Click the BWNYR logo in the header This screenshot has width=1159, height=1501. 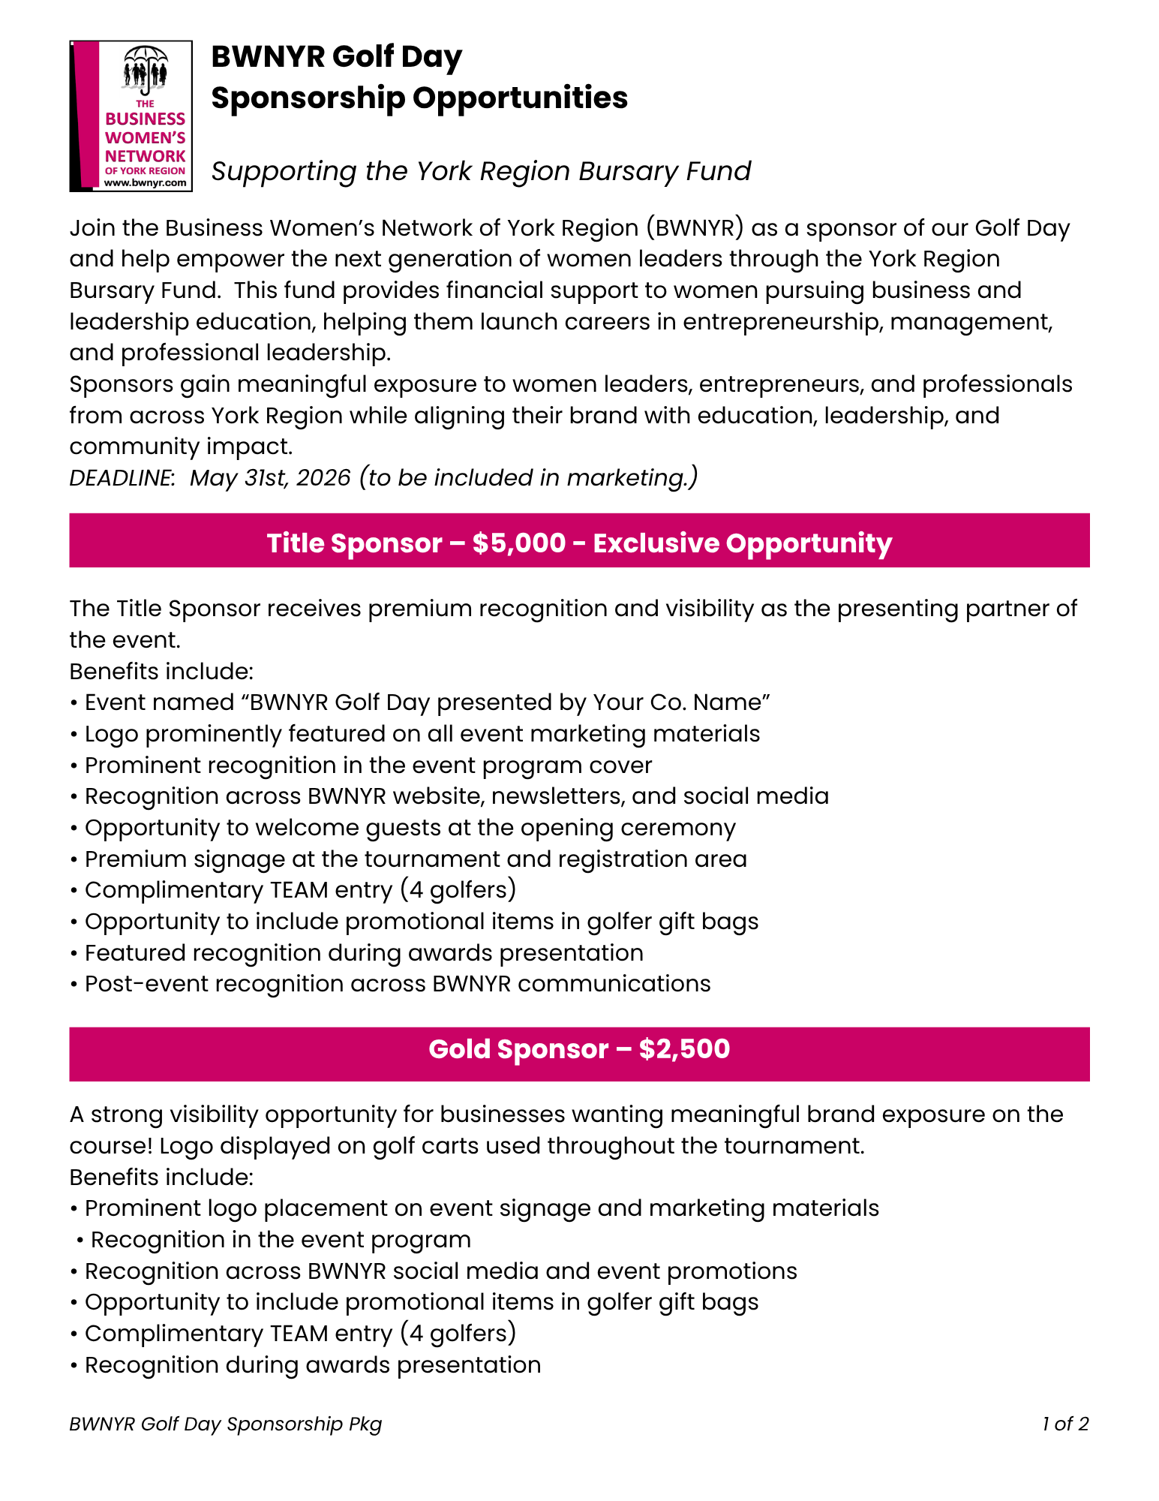pos(131,116)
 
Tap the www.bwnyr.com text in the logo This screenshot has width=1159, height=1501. pos(146,182)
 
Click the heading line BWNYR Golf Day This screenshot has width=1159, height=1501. pos(337,57)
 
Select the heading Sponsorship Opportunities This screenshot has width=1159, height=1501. pos(419,98)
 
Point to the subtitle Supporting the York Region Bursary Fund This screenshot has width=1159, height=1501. pos(481,171)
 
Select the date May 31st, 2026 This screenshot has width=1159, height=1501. pos(270,478)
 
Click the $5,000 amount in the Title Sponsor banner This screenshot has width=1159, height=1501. pos(519,543)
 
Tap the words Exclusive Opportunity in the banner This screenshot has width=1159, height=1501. pos(742,543)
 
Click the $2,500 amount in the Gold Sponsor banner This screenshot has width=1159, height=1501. pos(684,1048)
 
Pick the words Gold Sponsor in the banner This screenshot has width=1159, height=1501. pos(518,1048)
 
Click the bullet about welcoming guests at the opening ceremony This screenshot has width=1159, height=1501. pos(410,828)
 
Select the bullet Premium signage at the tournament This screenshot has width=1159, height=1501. pos(416,859)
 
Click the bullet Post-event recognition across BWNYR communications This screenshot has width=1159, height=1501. pos(398,984)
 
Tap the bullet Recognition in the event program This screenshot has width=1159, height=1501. pos(281,1240)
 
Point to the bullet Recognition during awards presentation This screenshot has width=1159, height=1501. pos(313,1365)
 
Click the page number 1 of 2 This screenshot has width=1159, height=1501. pos(1064,1424)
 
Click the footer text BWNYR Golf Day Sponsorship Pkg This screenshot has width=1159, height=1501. pos(226,1424)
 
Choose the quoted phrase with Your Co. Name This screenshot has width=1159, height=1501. pos(509,702)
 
